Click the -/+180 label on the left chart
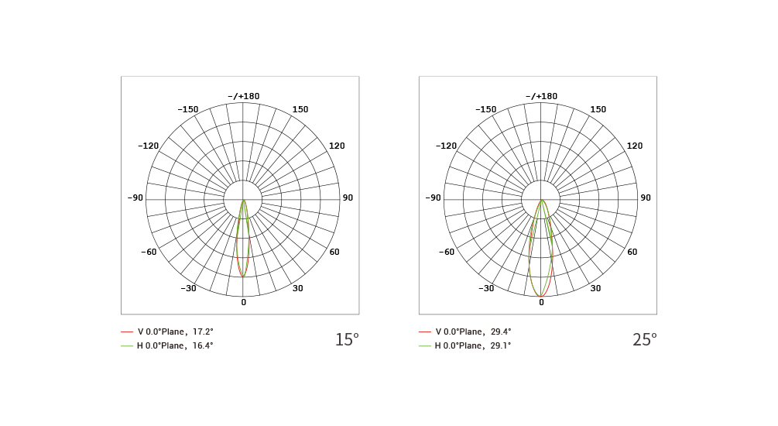click(x=244, y=96)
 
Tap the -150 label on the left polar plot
click(x=187, y=109)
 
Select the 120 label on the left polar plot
click(x=337, y=146)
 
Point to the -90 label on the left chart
click(x=135, y=198)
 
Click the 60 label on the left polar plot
click(x=334, y=252)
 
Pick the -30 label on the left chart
click(x=188, y=288)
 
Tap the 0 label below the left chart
click(x=244, y=302)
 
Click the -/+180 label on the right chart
click(x=541, y=96)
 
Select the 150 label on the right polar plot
click(x=598, y=109)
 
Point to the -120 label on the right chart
click(x=446, y=146)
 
